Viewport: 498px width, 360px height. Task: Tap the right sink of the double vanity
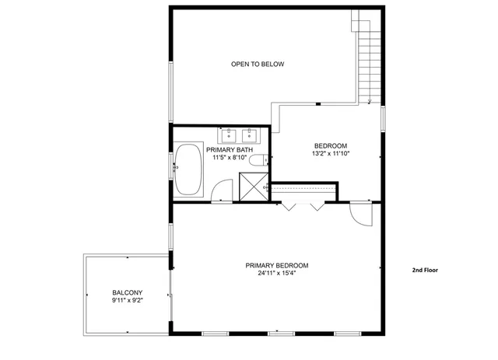click(251, 137)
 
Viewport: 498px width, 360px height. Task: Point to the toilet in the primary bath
click(262, 161)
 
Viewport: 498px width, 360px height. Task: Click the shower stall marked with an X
click(252, 187)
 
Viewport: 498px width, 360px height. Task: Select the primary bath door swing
click(223, 190)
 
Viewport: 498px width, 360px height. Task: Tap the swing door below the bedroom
click(361, 213)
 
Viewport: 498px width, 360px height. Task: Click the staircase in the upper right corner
click(367, 58)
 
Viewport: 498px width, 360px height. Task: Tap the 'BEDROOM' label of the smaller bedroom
click(331, 146)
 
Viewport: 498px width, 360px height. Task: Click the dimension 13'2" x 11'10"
click(331, 154)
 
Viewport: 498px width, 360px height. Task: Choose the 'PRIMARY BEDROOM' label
click(277, 265)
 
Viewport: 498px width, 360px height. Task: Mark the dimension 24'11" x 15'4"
click(277, 273)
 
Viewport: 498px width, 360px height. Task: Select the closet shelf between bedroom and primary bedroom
click(303, 188)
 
